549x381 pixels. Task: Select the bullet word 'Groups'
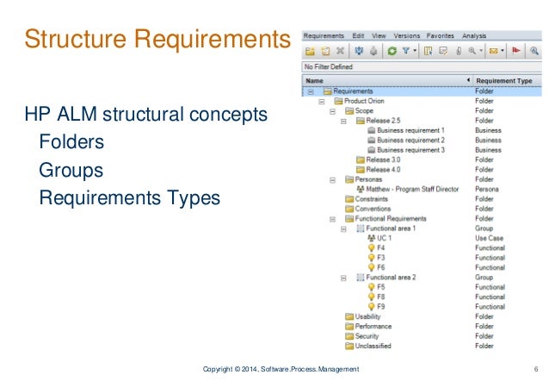point(71,170)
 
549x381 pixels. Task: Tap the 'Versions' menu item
point(407,35)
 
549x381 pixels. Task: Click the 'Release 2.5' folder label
point(385,121)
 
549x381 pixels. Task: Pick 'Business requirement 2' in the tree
point(410,140)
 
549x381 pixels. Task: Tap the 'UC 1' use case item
point(385,238)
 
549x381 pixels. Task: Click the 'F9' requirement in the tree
point(381,306)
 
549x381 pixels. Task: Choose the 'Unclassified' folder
point(373,346)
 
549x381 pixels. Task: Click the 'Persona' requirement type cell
point(488,189)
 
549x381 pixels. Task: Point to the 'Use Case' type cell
point(490,238)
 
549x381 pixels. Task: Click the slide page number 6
point(535,369)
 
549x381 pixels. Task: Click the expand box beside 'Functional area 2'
point(343,278)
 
